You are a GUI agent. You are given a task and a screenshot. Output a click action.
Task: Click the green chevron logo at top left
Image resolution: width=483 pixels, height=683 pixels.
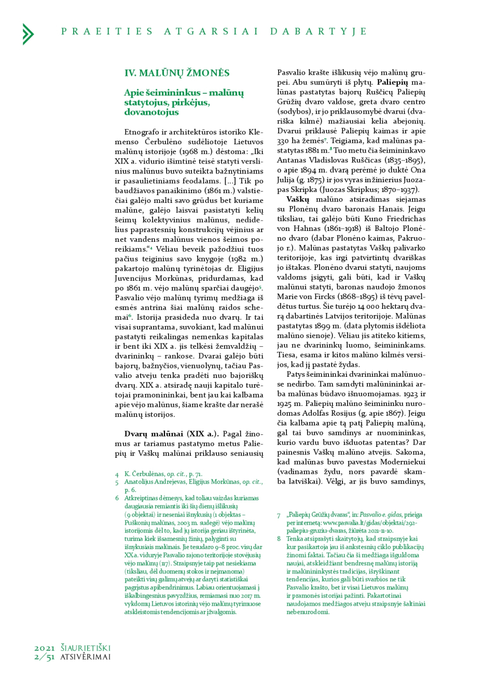click(x=28, y=34)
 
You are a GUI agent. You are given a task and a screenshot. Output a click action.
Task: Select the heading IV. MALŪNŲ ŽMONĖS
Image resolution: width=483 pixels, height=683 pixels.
click(x=176, y=73)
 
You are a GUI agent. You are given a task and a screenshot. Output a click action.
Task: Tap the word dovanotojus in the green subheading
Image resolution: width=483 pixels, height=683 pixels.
click(x=151, y=112)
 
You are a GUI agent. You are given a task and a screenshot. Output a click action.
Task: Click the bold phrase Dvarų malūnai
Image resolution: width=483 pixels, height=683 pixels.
click(x=154, y=434)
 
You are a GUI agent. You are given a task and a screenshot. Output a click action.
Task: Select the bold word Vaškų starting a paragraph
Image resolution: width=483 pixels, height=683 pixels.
click(x=297, y=199)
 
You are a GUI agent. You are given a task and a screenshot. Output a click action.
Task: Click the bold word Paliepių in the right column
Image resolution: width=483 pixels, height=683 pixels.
click(x=392, y=83)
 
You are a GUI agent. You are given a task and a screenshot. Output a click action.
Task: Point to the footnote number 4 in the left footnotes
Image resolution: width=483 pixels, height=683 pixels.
click(x=117, y=474)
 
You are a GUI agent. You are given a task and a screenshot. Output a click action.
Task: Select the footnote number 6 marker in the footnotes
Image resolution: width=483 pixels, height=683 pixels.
click(x=117, y=498)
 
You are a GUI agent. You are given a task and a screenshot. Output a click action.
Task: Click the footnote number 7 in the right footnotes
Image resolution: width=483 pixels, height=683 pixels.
click(x=279, y=515)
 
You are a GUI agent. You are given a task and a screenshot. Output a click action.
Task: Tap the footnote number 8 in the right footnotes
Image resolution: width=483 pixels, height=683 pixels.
click(x=279, y=539)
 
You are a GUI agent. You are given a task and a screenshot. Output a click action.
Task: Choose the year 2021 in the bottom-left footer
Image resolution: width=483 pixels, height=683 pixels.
click(x=45, y=648)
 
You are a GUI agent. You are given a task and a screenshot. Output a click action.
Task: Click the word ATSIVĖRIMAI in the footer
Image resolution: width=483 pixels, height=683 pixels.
click(x=86, y=657)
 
